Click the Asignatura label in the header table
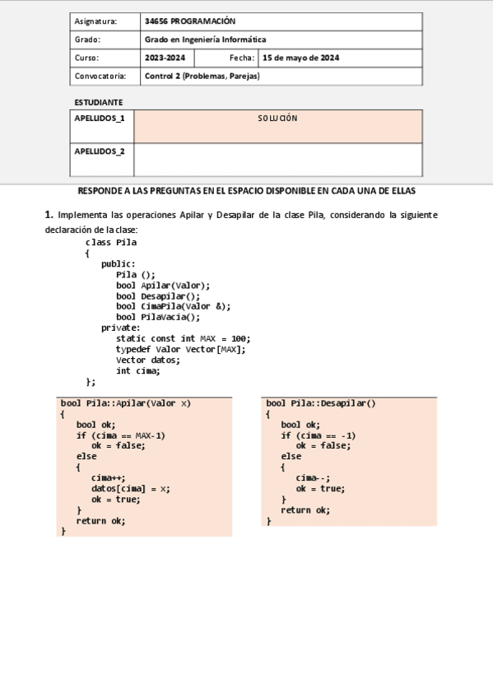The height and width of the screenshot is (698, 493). click(95, 21)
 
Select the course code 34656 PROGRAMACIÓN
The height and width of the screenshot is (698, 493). click(189, 21)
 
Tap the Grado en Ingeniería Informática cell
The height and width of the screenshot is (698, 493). click(205, 40)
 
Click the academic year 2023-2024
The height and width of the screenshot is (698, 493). click(165, 58)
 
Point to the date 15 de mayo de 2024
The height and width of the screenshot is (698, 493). click(300, 58)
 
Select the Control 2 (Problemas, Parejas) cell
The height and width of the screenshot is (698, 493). click(202, 77)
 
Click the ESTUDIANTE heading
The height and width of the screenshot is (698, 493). click(99, 102)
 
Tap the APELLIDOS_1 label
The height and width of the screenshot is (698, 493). click(100, 119)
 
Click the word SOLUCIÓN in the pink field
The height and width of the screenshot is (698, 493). click(277, 119)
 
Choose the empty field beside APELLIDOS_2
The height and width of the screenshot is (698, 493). click(277, 160)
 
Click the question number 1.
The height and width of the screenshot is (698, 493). click(49, 215)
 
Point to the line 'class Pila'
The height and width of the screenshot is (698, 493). click(111, 243)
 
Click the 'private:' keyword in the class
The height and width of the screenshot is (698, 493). click(121, 328)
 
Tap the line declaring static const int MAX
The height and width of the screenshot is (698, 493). click(183, 338)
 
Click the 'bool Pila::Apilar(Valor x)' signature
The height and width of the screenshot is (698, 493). click(125, 403)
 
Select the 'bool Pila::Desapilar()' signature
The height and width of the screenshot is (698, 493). click(320, 403)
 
